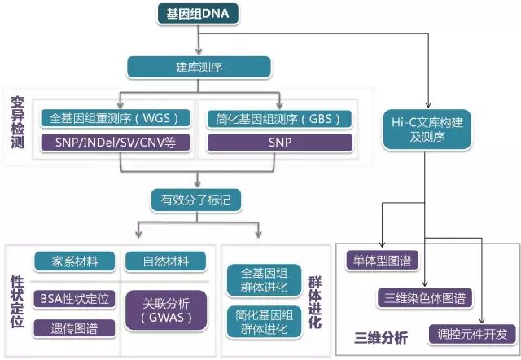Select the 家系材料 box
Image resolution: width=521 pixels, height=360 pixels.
pyautogui.click(x=77, y=261)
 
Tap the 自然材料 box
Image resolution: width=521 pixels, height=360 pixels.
pyautogui.click(x=167, y=261)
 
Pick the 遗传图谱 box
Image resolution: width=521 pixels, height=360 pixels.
pyautogui.click(x=77, y=329)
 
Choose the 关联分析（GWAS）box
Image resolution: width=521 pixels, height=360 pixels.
pyautogui.click(x=167, y=310)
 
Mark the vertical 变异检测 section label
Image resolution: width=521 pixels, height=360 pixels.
pyautogui.click(x=18, y=122)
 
